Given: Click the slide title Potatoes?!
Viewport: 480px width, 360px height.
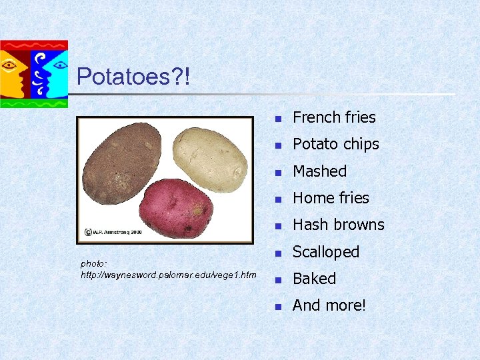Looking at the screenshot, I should click(133, 77).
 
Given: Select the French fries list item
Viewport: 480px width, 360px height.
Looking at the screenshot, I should click(334, 117).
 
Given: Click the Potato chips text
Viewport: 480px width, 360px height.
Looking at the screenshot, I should click(335, 144).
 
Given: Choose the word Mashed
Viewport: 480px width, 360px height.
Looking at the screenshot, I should click(319, 171).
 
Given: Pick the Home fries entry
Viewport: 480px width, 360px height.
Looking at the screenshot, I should click(331, 198).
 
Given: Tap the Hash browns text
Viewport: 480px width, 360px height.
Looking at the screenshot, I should click(338, 225).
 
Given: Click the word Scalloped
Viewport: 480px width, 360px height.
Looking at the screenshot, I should click(326, 252).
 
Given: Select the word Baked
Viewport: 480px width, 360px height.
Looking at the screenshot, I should click(314, 279).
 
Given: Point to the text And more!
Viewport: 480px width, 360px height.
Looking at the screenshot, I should click(329, 305).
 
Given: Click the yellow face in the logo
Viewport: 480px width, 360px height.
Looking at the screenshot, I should click(13, 70).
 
